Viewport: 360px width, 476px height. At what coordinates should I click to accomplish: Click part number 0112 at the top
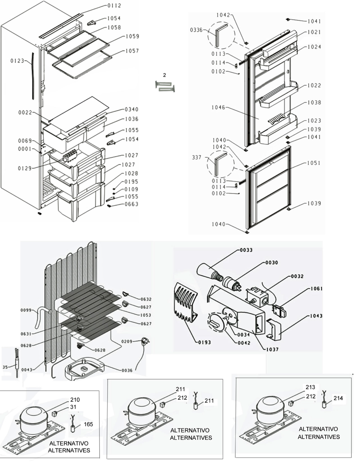(x=114, y=6)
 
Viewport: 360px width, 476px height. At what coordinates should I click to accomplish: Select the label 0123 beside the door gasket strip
(x=17, y=61)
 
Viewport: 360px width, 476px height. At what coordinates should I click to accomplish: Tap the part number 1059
(x=132, y=36)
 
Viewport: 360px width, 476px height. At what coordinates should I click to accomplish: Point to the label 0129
(x=25, y=168)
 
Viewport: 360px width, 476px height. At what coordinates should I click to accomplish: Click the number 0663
(x=132, y=204)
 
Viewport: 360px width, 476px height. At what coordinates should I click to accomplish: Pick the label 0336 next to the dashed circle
(x=196, y=30)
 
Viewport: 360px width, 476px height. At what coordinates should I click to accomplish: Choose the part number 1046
(x=218, y=107)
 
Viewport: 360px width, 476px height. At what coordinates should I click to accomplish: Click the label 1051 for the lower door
(x=314, y=163)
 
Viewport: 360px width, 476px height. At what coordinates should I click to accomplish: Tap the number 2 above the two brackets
(x=164, y=75)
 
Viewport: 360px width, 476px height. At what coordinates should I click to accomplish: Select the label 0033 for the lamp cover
(x=246, y=250)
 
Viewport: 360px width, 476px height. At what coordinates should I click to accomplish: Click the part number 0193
(x=205, y=342)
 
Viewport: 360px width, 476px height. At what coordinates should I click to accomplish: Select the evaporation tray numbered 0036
(x=84, y=369)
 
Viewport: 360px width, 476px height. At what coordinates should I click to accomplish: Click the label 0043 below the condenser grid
(x=27, y=370)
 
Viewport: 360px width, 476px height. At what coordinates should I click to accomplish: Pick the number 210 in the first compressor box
(x=75, y=400)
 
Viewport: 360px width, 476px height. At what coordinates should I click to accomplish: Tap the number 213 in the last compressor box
(x=310, y=387)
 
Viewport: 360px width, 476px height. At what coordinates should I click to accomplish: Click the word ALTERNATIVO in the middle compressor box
(x=190, y=430)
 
